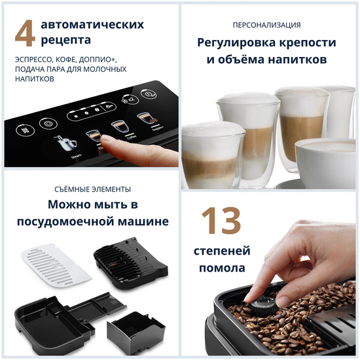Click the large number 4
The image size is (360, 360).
(x=24, y=35)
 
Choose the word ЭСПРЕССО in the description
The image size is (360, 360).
(x=33, y=59)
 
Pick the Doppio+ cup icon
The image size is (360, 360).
(x=145, y=119)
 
